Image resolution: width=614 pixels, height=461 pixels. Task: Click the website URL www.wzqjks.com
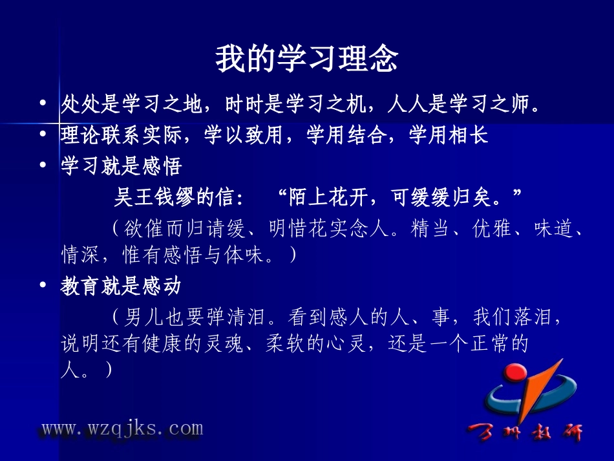[x=122, y=428]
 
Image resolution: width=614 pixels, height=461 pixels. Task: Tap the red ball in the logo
[x=516, y=374]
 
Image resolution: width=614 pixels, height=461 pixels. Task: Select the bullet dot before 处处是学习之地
[x=43, y=103]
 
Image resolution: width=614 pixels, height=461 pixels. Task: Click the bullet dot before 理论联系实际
[x=43, y=134]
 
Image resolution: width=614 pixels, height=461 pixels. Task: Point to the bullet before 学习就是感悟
[x=43, y=166]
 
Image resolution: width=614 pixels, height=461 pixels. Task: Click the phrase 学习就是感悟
[x=122, y=166]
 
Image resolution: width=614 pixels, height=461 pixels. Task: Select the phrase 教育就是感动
[x=122, y=286]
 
